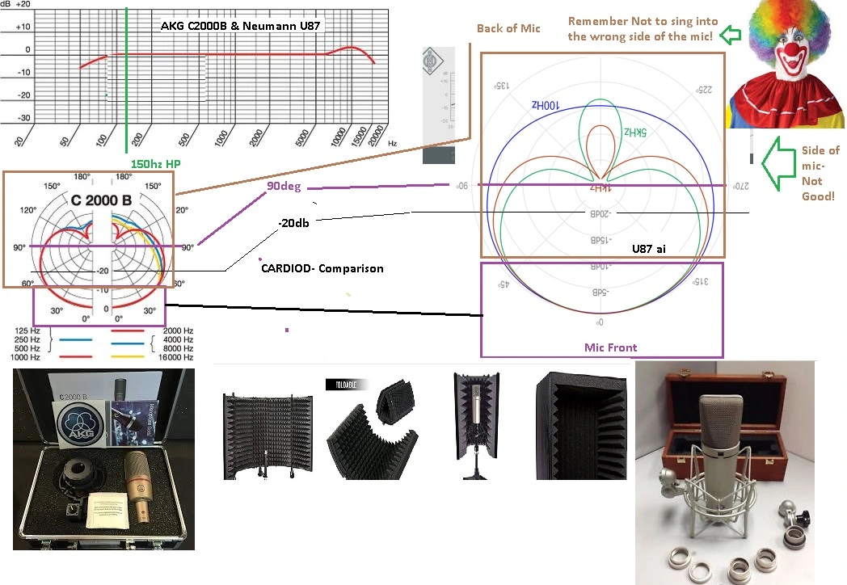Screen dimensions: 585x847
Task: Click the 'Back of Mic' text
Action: click(x=508, y=29)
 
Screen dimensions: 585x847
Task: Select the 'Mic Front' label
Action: click(x=610, y=347)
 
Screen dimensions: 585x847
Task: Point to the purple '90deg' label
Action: click(x=284, y=186)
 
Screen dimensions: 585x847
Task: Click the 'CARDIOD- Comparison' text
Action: click(x=321, y=267)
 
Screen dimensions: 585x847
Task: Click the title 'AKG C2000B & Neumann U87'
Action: click(x=234, y=27)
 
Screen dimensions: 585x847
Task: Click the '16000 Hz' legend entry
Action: click(x=176, y=356)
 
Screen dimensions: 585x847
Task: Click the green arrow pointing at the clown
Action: click(x=731, y=35)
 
